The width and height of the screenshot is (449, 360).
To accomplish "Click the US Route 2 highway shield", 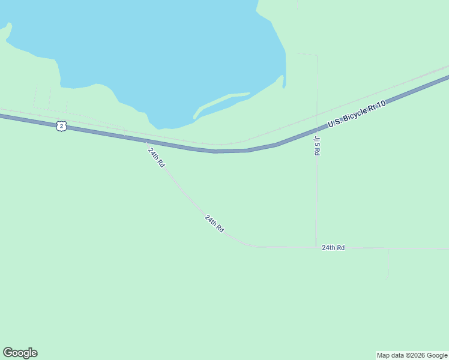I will click(x=61, y=125).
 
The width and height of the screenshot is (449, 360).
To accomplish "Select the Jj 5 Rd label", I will click(x=316, y=145).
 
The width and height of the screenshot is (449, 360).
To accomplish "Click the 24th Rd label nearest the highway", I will click(x=156, y=157).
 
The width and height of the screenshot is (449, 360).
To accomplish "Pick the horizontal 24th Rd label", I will click(x=333, y=247).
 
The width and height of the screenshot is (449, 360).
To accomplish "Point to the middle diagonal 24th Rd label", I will click(x=214, y=224).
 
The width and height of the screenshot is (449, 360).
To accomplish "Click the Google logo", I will click(x=20, y=353).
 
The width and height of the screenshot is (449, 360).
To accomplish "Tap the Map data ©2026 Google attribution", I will click(x=412, y=355).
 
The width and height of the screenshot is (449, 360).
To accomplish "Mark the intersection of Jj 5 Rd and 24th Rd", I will click(x=316, y=247).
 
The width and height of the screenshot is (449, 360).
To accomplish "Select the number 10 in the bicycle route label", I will click(x=379, y=105).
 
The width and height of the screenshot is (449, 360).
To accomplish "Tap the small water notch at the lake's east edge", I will click(x=283, y=83).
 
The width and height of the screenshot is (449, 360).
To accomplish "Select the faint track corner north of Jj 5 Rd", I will click(x=316, y=56).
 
